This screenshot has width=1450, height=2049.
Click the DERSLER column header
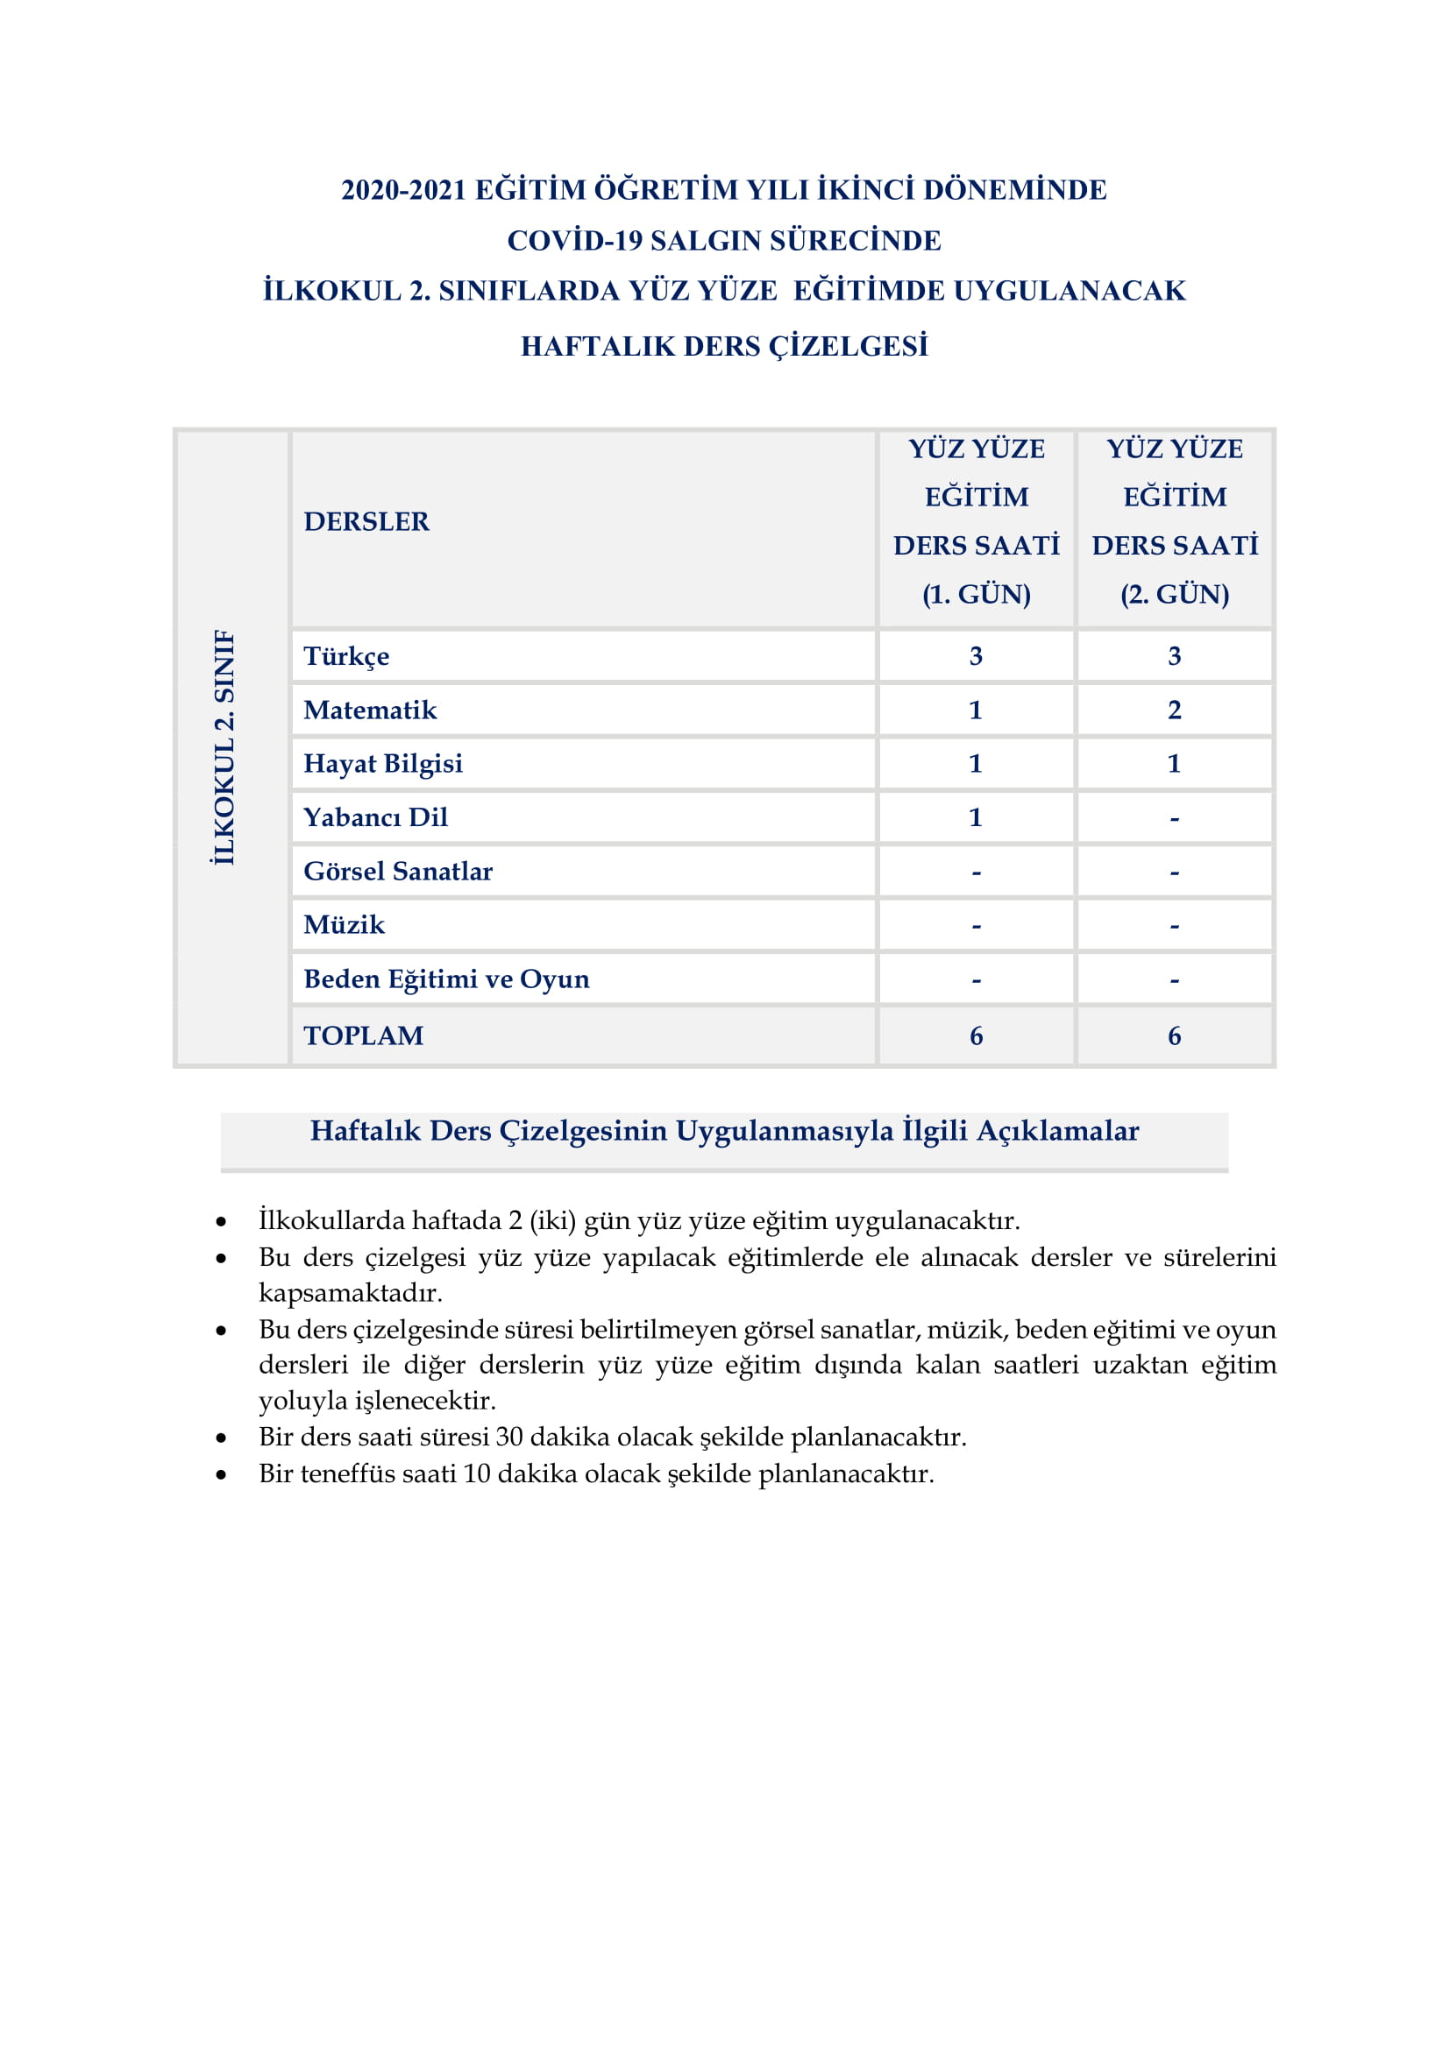point(366,521)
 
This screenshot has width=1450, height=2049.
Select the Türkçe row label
point(346,656)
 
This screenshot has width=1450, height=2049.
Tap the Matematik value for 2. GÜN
point(1174,710)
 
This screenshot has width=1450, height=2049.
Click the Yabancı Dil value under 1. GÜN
point(975,816)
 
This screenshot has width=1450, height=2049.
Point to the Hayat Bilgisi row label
point(383,763)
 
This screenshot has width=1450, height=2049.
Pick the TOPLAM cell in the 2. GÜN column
point(1174,1035)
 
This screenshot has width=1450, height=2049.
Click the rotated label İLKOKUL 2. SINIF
point(224,747)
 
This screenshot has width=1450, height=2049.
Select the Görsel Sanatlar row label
point(397,871)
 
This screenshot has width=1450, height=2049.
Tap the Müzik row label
point(344,924)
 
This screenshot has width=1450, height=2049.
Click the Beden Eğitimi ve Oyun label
point(446,979)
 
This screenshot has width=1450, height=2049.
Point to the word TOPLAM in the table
point(364,1035)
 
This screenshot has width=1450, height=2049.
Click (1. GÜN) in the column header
point(976,593)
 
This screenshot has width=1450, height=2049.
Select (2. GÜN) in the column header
point(1174,593)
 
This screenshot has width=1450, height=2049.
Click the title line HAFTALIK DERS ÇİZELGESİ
point(724,346)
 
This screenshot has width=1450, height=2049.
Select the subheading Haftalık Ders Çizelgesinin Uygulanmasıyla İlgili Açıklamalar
point(724,1131)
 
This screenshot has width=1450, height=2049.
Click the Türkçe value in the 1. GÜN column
point(975,656)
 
